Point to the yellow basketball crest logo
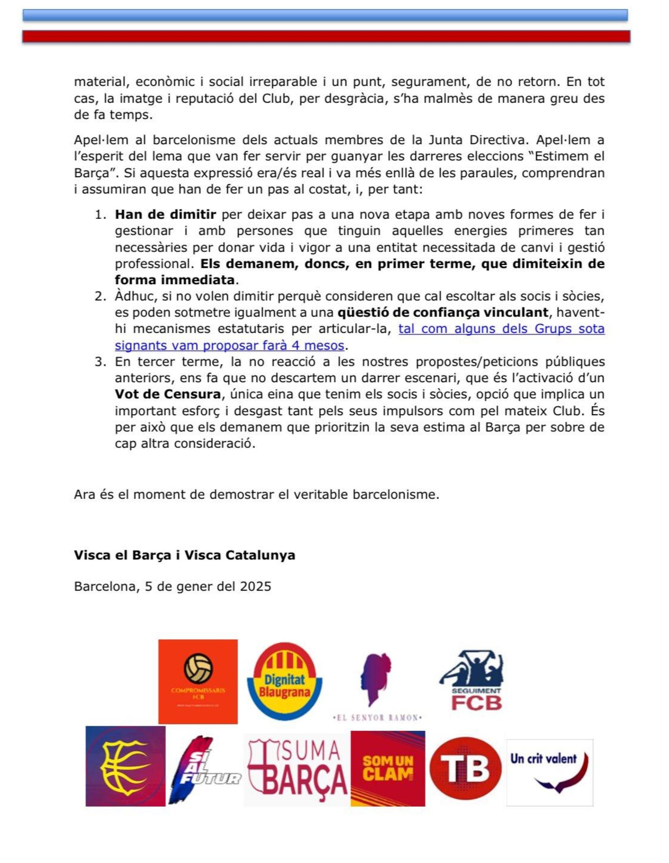(x=125, y=766)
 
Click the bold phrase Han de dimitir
(x=165, y=214)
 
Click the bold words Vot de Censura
(x=167, y=394)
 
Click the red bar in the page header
(x=326, y=36)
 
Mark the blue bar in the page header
(x=325, y=15)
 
